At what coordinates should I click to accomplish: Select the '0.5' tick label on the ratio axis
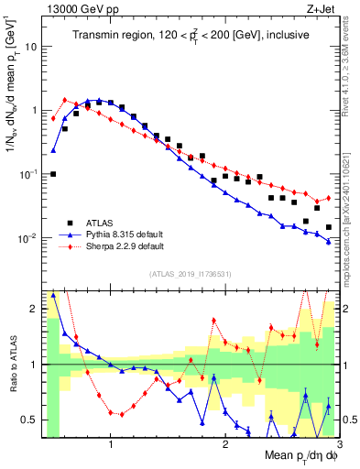pos(29,420)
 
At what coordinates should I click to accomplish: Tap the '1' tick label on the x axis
pos(110,443)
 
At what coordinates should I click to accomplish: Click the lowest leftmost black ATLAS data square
pos(53,173)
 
